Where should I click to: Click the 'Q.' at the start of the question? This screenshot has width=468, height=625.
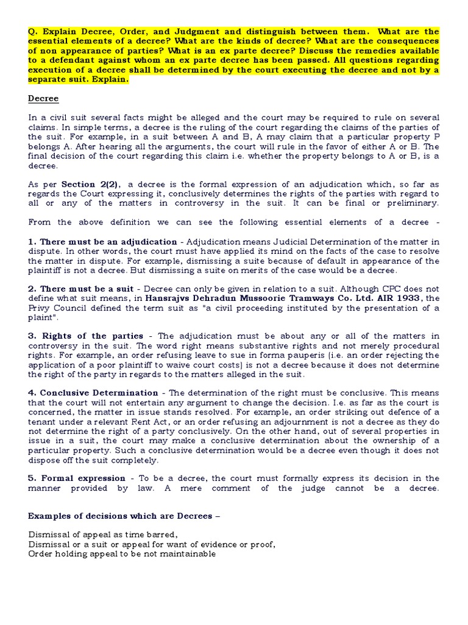pyautogui.click(x=33, y=32)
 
